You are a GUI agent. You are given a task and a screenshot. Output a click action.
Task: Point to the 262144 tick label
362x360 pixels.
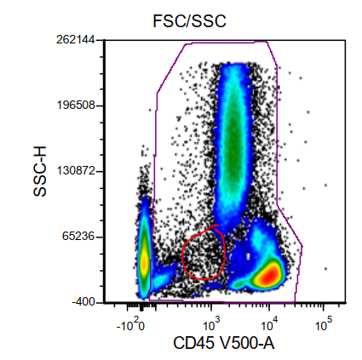[x=74, y=40]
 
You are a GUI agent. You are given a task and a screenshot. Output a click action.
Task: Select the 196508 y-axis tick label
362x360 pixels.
[x=74, y=106]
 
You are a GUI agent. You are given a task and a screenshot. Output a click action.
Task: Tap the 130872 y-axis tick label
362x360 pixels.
[x=74, y=171]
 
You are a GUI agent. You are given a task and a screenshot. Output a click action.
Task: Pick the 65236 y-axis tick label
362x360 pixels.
[x=78, y=237]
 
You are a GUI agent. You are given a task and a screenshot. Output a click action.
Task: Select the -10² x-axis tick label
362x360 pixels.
[x=130, y=323]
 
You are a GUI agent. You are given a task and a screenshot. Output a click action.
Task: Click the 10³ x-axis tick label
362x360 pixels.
[x=213, y=323]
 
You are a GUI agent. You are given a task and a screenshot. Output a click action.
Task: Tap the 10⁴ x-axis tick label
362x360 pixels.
[x=269, y=323]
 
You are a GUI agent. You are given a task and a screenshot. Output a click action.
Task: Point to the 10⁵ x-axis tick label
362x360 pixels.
[x=324, y=323]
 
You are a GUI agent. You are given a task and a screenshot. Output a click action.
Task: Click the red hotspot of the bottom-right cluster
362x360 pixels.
[x=269, y=275]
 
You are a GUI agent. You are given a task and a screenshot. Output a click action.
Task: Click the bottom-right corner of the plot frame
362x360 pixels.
[x=346, y=302]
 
